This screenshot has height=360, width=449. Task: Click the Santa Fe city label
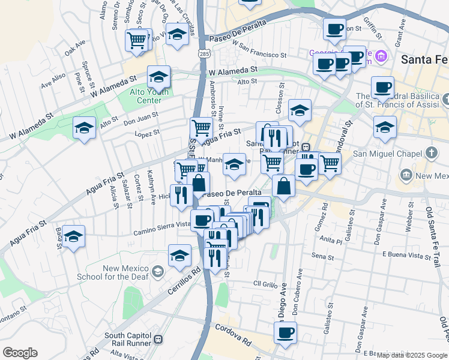[x=424, y=59]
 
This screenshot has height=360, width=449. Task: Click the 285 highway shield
[x=205, y=54]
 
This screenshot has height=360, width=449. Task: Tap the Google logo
[x=20, y=353]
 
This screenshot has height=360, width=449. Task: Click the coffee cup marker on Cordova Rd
[x=286, y=332]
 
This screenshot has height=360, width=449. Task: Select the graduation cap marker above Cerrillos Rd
[x=179, y=256]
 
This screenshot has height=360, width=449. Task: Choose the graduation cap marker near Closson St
[x=300, y=110]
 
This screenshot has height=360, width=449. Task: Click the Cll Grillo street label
[x=264, y=283]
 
